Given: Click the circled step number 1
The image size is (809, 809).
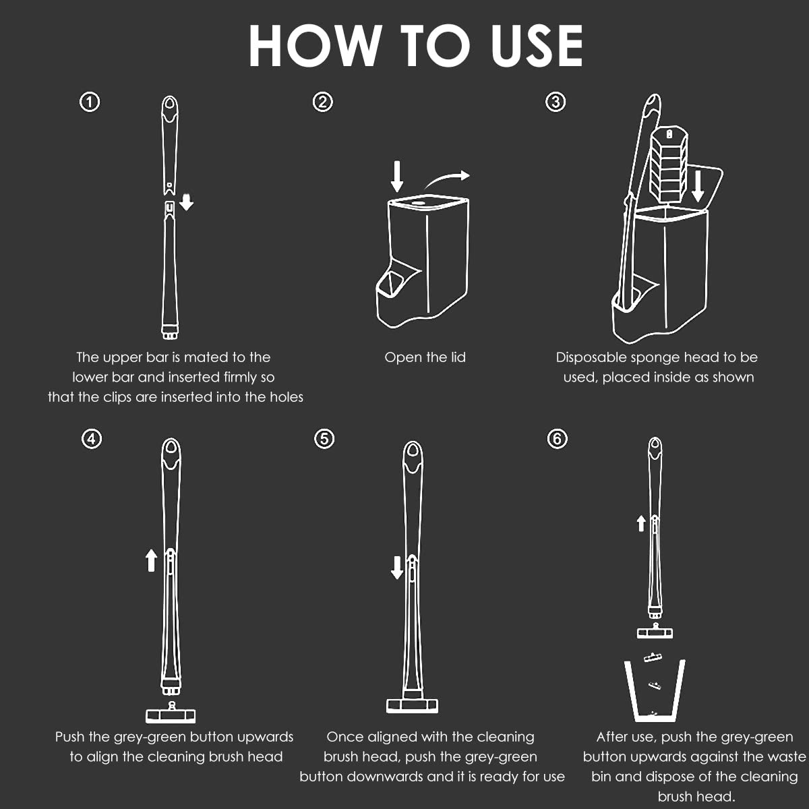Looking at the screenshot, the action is [x=90, y=102].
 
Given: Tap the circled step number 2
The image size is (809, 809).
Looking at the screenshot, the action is [x=323, y=102].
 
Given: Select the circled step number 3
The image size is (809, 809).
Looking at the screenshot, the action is [x=556, y=102].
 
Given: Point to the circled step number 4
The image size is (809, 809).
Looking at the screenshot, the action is [x=92, y=439].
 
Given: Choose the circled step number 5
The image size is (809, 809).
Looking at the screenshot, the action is [x=324, y=439].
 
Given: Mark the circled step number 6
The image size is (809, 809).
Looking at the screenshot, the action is [x=557, y=439].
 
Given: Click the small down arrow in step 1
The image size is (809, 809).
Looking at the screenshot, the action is [x=186, y=202].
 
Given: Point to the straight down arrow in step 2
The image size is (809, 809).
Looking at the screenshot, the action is [x=396, y=176].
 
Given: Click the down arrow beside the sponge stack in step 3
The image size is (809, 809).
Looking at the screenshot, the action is [x=698, y=185].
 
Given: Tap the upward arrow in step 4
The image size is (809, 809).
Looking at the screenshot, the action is [x=151, y=560].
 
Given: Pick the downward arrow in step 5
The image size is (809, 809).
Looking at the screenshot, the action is [x=396, y=568].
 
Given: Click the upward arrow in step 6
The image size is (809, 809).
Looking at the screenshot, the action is [x=641, y=524].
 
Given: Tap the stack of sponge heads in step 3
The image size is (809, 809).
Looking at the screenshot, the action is [x=669, y=165].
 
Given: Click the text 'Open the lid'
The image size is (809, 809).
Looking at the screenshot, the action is [x=425, y=357].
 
